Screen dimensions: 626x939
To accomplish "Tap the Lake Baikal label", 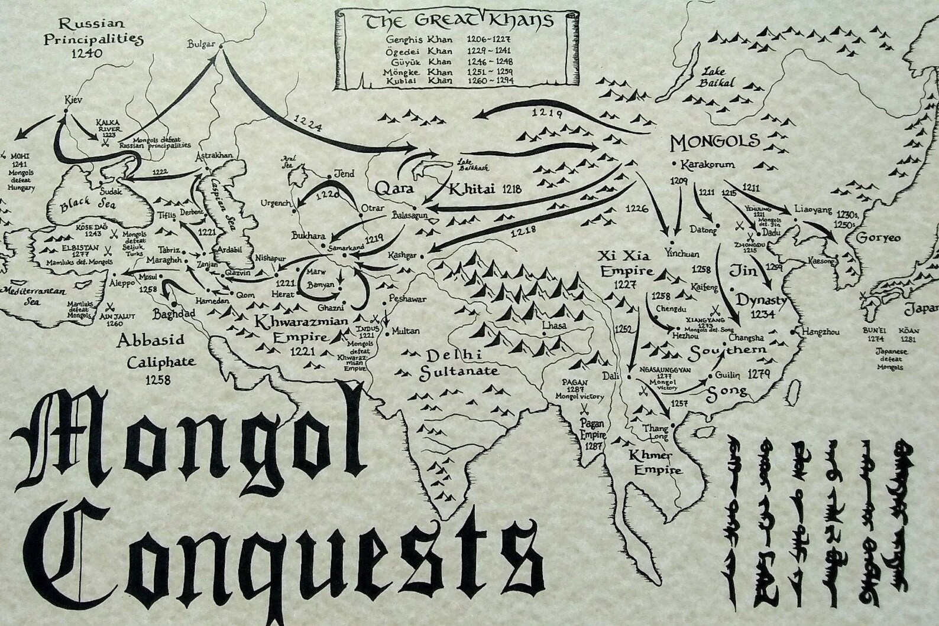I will pyautogui.click(x=719, y=77).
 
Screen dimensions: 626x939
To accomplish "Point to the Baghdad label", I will pyautogui.click(x=174, y=312).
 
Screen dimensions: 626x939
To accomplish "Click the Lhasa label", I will pyautogui.click(x=553, y=325).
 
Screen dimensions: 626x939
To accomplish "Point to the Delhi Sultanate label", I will pyautogui.click(x=459, y=363).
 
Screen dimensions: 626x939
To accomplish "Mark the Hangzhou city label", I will pyautogui.click(x=820, y=332).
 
